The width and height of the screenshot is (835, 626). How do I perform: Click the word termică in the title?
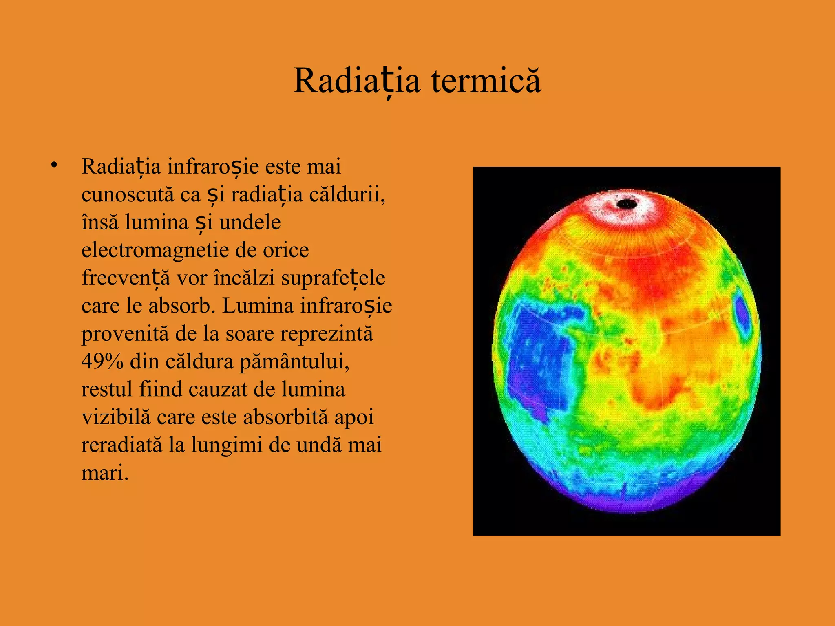486,81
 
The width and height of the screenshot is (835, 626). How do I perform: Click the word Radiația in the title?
356,81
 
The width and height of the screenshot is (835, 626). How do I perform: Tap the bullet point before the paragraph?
54,165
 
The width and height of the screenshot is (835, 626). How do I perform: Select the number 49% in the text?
102,361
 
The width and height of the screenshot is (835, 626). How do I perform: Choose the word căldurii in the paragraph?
347,194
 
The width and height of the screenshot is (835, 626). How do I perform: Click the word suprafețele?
333,278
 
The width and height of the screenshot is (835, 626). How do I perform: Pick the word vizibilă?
116,417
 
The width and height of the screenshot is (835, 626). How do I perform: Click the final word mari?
104,473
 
